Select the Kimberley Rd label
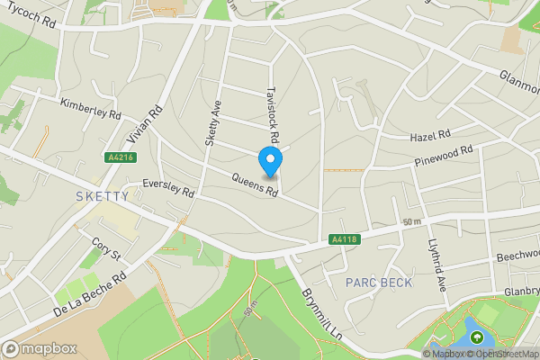coord(90,109)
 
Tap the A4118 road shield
coord(342,239)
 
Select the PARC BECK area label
coord(379,283)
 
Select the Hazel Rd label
coord(428,136)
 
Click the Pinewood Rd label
coord(443,157)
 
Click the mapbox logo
coord(40,348)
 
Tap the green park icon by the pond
coord(476,337)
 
